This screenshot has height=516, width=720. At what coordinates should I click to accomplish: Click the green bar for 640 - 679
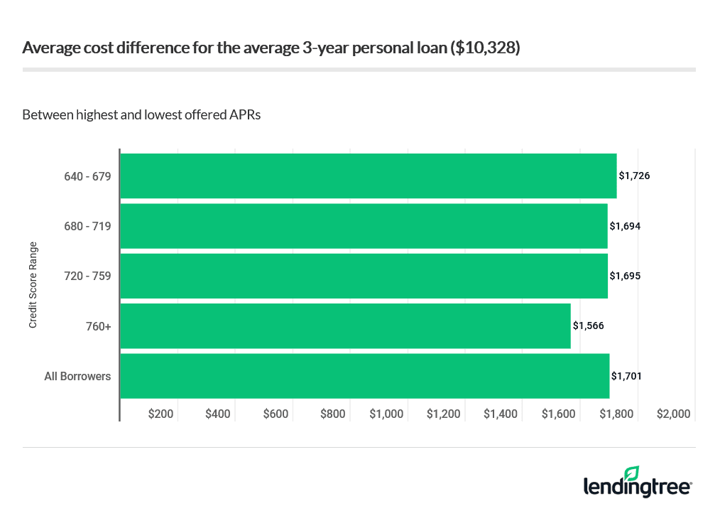368,176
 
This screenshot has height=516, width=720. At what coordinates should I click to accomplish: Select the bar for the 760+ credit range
345,326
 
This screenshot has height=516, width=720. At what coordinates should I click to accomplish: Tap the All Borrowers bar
364,376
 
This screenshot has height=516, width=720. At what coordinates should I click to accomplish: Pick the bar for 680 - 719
364,226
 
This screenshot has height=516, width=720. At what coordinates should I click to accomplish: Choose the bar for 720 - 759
364,276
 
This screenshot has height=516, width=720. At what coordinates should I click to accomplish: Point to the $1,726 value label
634,176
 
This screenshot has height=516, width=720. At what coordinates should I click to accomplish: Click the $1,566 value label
588,326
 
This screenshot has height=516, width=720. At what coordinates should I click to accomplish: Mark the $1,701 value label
626,376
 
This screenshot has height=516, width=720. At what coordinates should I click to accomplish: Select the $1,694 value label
625,226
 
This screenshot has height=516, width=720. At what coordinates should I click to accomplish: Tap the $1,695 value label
625,276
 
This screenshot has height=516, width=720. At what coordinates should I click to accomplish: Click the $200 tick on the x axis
160,414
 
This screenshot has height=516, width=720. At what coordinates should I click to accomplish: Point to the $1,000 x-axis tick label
386,414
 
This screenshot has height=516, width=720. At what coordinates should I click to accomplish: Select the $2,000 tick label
673,414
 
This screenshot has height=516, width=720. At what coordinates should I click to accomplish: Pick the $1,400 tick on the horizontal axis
501,414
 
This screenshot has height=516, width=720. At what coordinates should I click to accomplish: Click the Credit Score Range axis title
33,285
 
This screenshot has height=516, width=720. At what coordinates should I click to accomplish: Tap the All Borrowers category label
77,376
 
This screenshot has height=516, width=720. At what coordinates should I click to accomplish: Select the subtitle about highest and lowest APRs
142,114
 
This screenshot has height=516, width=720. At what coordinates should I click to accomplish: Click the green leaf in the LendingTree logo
631,473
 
